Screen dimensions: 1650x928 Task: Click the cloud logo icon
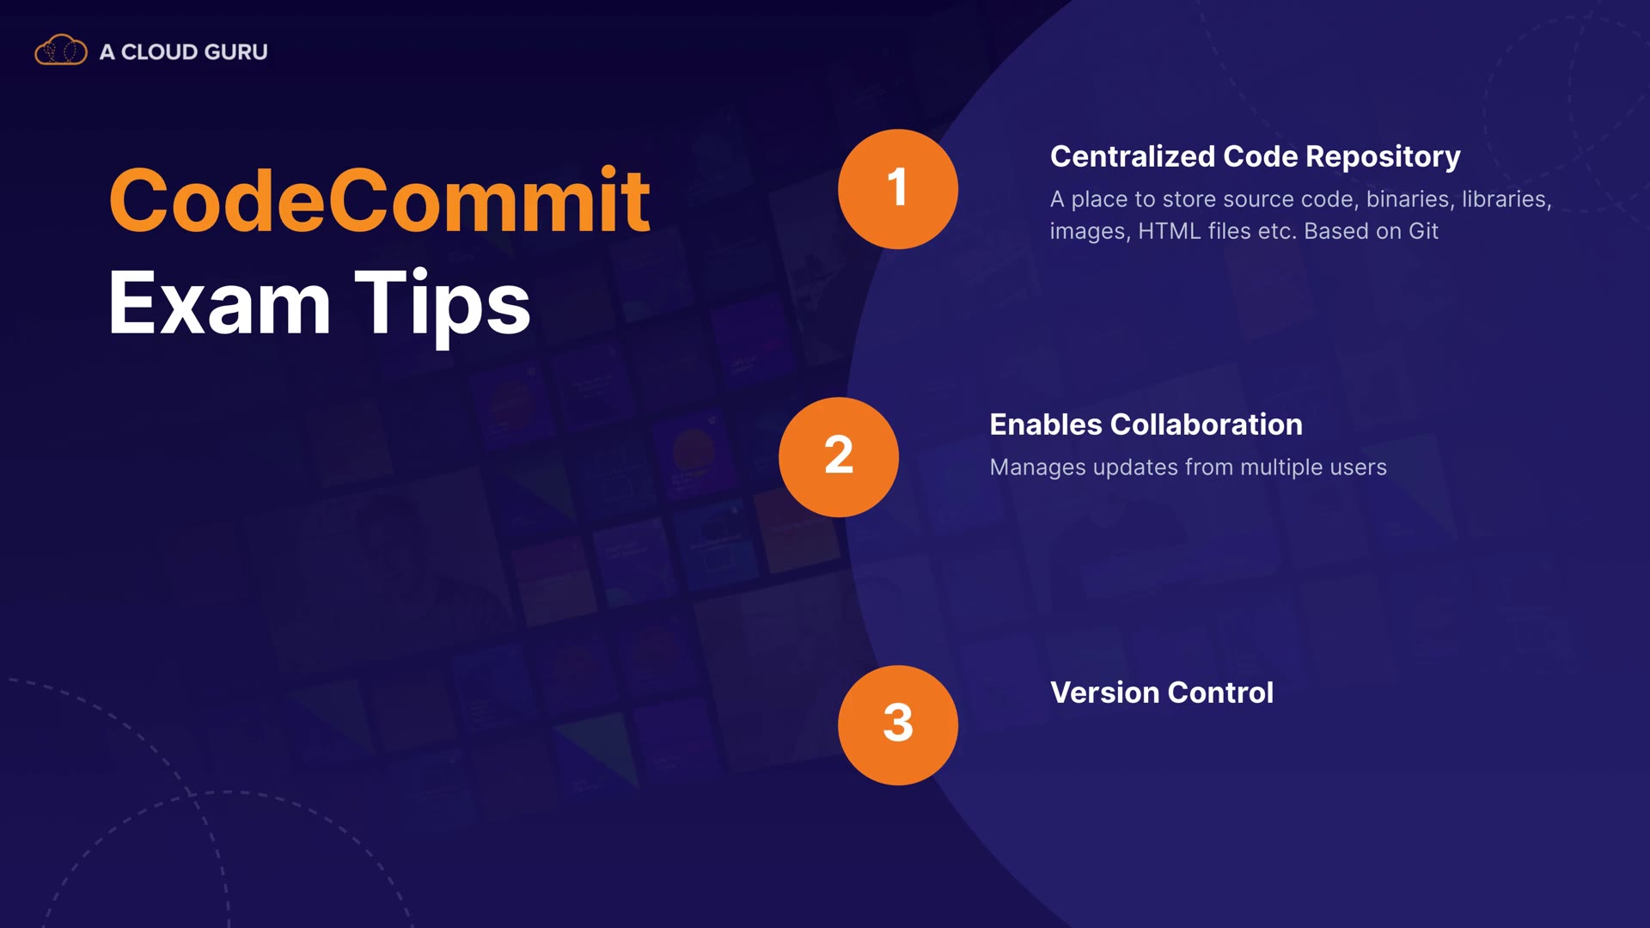[x=60, y=51]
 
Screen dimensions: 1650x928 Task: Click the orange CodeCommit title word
[x=379, y=200]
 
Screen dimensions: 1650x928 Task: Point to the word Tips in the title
[x=443, y=305]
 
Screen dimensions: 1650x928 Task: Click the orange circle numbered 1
[x=898, y=189]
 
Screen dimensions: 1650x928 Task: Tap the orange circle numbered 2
[x=839, y=457]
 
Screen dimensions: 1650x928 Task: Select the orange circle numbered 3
[x=898, y=725]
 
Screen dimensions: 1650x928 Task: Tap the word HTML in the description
[x=1170, y=231]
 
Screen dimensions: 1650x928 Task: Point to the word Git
[x=1423, y=231]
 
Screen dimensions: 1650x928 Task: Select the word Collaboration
[x=1207, y=424]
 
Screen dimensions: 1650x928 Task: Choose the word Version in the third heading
[x=1105, y=693]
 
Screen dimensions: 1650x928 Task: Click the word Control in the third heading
[x=1220, y=693]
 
